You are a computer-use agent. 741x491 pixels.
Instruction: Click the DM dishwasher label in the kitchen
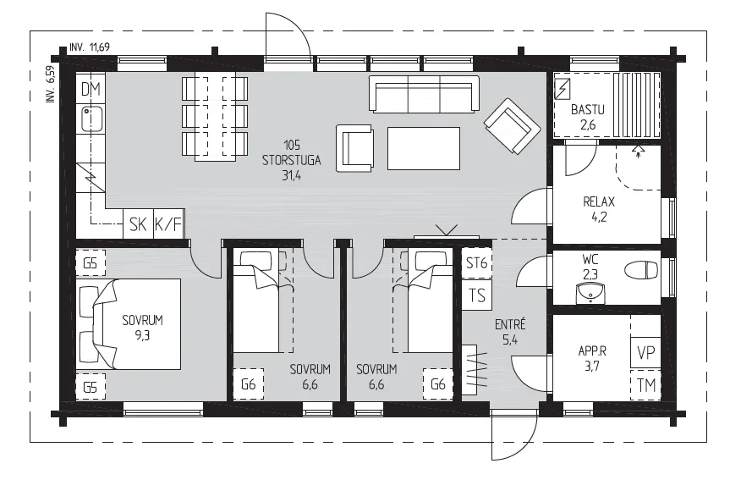point(91,89)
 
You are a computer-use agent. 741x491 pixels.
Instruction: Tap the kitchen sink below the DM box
point(92,119)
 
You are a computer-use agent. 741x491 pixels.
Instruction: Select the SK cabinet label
point(138,224)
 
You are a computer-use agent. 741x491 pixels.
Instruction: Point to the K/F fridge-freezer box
point(168,224)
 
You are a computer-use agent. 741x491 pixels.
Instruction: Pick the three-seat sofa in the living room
point(424,94)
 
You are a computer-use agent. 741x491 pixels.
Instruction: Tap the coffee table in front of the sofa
point(424,148)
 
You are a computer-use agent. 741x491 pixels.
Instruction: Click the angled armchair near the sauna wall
point(512,126)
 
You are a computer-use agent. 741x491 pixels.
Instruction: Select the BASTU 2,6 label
point(587,117)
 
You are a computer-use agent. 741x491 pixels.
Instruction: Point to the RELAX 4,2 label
point(599,209)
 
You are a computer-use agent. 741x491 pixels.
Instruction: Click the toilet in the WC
point(641,271)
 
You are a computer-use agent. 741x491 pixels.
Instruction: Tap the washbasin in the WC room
point(590,292)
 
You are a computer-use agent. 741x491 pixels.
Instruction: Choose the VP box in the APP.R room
point(645,352)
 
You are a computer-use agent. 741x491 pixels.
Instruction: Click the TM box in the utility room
point(645,385)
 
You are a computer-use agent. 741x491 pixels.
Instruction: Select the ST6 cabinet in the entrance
point(476,262)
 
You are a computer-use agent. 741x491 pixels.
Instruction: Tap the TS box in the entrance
point(477,295)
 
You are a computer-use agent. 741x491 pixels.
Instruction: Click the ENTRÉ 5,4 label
point(510,332)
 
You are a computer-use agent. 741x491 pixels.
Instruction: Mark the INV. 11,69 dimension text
point(90,47)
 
